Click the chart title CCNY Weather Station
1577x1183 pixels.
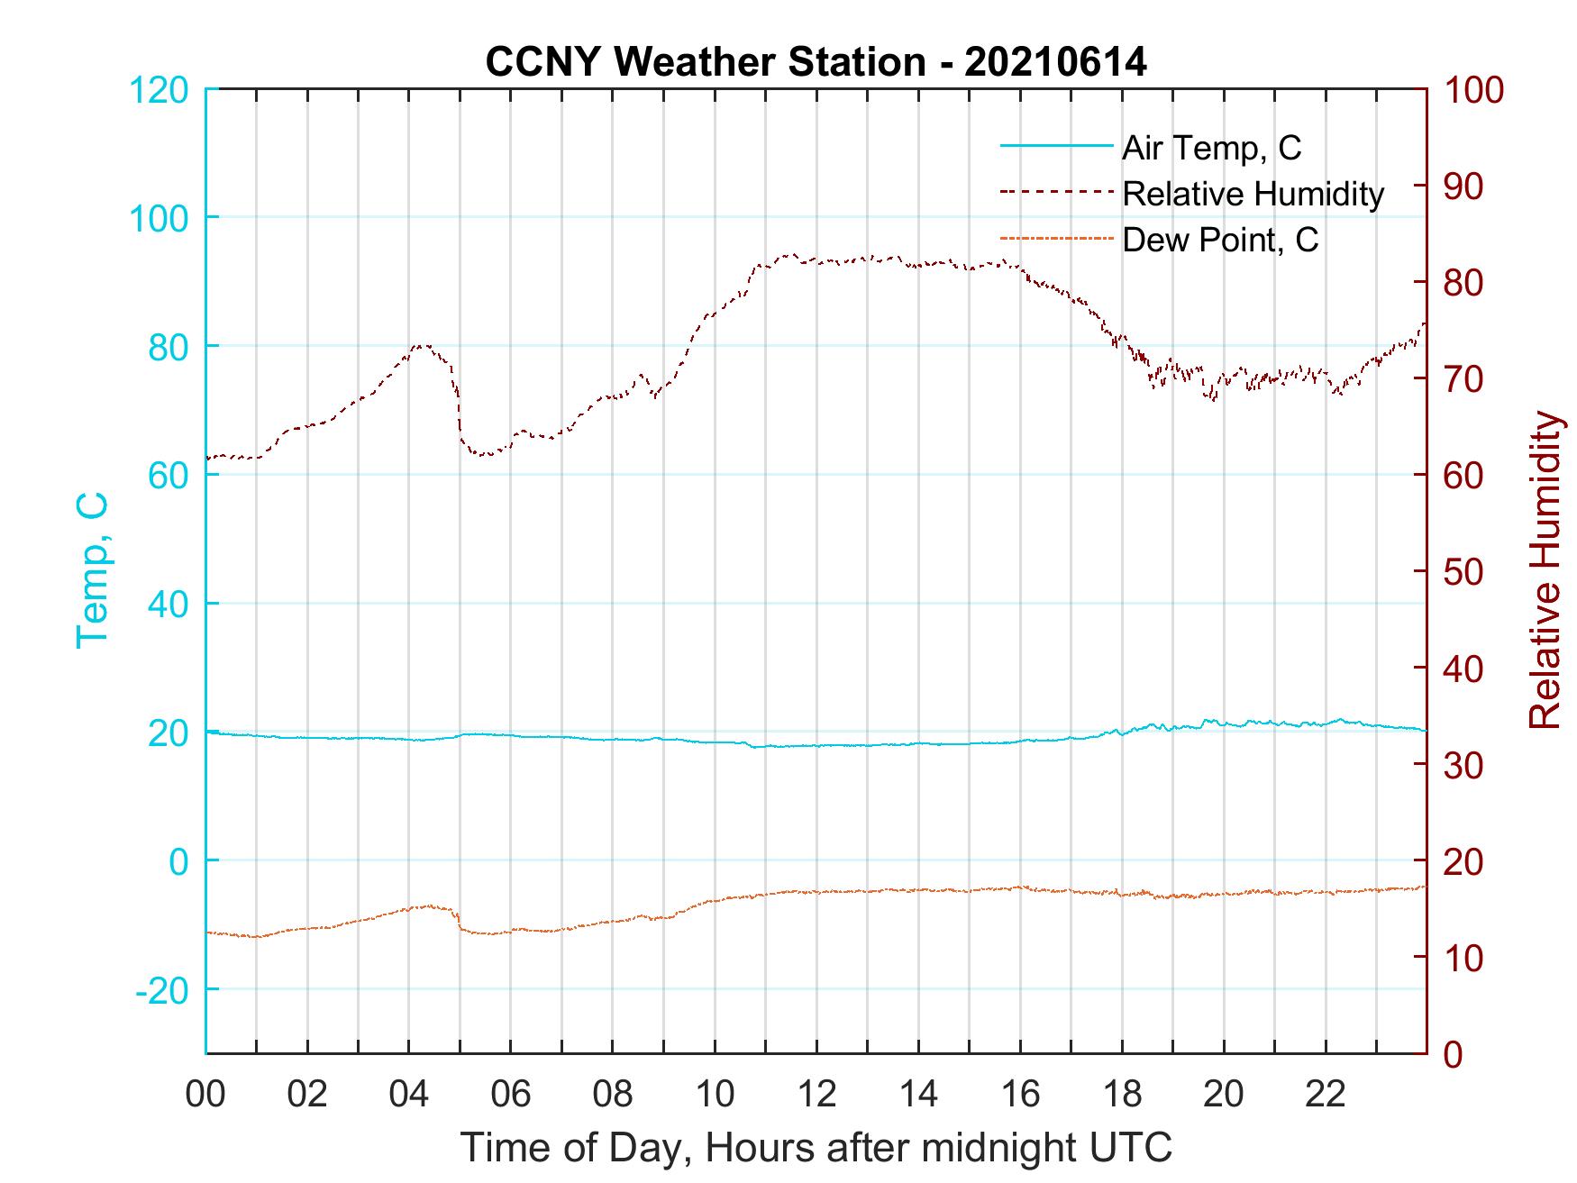(705, 62)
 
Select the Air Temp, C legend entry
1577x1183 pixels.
(1211, 148)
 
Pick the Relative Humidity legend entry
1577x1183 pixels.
(1253, 194)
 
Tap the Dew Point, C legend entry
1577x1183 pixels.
(1220, 241)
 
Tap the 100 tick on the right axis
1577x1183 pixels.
(1474, 90)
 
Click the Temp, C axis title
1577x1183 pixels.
(93, 569)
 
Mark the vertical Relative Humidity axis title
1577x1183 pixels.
(1545, 569)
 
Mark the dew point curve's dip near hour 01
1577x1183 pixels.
(257, 937)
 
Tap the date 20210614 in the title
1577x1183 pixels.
(1055, 62)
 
